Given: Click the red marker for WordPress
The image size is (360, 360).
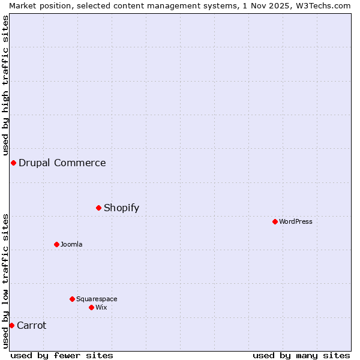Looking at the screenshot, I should (x=275, y=221).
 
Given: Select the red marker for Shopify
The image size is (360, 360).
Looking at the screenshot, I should (x=99, y=208).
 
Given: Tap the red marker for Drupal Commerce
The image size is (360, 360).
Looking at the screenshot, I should (x=13, y=163).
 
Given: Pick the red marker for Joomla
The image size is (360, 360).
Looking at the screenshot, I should (x=57, y=244).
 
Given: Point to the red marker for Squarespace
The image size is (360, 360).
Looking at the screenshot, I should (x=72, y=299).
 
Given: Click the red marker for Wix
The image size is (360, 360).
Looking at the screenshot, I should (x=91, y=307).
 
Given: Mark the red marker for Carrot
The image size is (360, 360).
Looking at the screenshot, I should (x=11, y=325).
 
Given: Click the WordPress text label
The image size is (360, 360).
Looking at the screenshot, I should (x=296, y=221).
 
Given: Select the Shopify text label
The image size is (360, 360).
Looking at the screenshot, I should (x=121, y=208).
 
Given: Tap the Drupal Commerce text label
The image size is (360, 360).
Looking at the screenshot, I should (x=62, y=163).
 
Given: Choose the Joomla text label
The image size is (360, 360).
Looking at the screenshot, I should (x=71, y=244).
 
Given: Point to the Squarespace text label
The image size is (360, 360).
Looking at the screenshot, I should (x=97, y=299).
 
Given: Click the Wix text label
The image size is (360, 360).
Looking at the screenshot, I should (x=101, y=307).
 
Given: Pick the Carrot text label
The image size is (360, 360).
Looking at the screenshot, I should (x=32, y=325).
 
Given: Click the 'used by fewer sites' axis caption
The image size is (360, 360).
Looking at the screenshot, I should (x=62, y=355).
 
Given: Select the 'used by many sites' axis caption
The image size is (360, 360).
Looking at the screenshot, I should (x=301, y=355).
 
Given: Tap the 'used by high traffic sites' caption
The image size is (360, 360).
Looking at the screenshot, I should (x=5, y=84).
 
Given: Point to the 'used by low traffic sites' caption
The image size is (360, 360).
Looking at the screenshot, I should (x=5, y=281).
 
